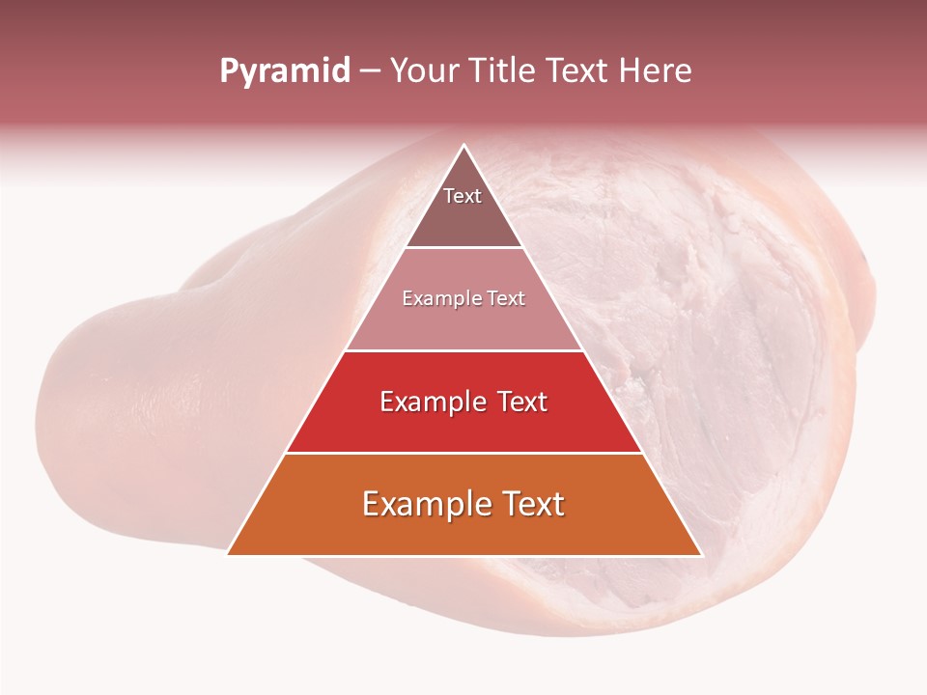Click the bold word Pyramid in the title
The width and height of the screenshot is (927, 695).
[284, 71]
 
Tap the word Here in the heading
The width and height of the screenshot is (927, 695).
[657, 71]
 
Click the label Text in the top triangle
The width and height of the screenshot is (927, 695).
[463, 196]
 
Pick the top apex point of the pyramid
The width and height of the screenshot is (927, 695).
[464, 145]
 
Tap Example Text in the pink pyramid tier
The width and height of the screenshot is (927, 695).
[463, 298]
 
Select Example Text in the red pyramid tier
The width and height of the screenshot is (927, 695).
[463, 402]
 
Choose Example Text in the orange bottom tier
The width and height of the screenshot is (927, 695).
[463, 504]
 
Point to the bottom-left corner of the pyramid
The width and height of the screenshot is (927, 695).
[228, 554]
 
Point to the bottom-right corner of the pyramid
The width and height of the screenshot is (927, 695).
[700, 554]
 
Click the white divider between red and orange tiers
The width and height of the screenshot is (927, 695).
[463, 453]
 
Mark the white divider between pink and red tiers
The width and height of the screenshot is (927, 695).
[463, 350]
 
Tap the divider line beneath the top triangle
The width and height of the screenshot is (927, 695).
[463, 248]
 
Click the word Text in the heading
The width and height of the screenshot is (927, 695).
[579, 71]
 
